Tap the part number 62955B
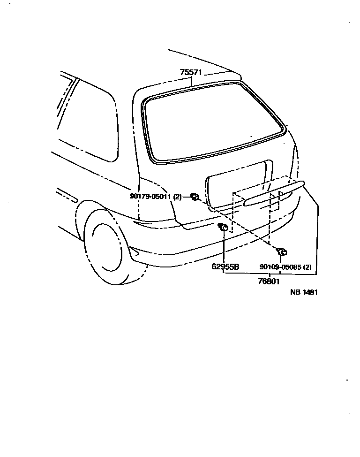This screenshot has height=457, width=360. coord(225,267)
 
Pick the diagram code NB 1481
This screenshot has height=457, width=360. coord(304,292)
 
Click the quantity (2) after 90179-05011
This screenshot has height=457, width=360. coord(177,197)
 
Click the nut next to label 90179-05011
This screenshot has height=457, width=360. coord(194,197)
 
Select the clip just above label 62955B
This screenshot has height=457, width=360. coord(224,228)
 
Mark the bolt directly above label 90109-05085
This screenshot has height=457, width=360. coord(282,252)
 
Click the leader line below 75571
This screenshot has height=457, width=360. coord(192,81)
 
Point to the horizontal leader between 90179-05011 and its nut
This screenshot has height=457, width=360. coord(186,197)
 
